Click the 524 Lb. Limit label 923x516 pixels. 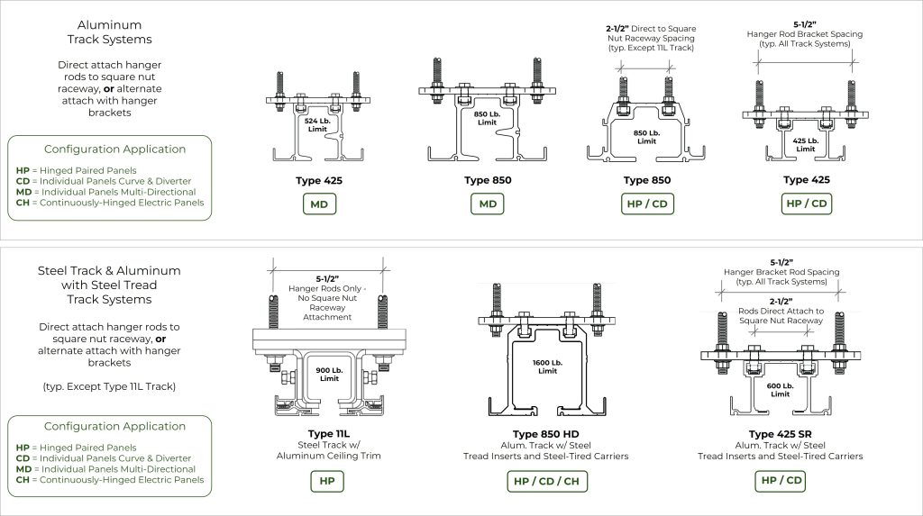(317, 125)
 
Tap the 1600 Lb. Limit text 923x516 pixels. (547, 367)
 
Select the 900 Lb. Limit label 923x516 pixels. (329, 375)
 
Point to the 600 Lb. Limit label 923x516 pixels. (780, 390)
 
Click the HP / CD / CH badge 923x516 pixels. (547, 481)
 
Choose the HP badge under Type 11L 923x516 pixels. (327, 481)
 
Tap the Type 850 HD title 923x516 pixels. (545, 434)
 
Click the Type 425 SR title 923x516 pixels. (780, 434)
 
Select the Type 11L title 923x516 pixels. (328, 434)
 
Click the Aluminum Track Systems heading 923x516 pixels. (109, 32)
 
